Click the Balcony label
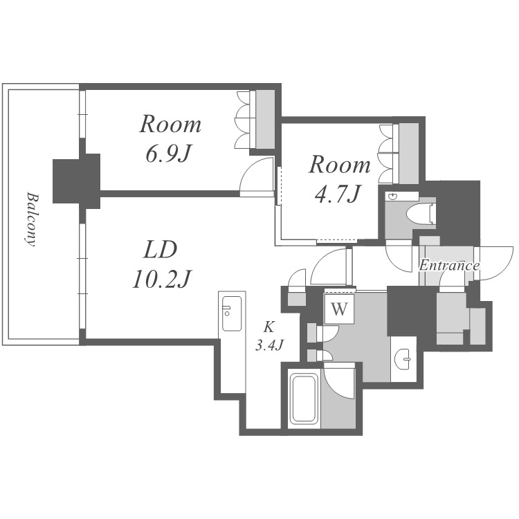31,219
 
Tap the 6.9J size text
169,154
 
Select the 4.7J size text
337,194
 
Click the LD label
161,250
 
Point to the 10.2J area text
162,279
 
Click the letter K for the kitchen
268,327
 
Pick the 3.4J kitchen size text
269,345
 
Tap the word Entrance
449,266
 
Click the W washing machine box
340,309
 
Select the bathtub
304,399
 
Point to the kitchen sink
232,313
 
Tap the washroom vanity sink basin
404,358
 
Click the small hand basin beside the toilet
393,197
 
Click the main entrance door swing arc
495,263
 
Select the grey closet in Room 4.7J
409,154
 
